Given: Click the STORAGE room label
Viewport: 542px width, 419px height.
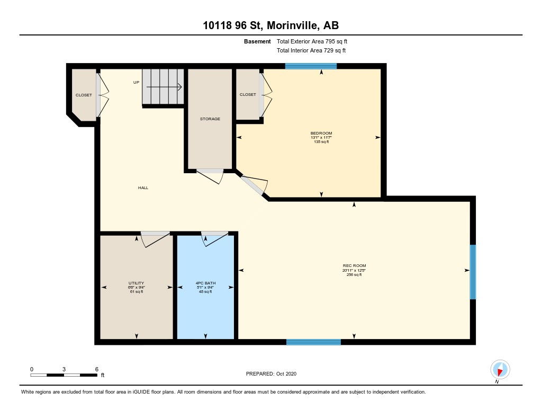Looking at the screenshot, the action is [210, 119].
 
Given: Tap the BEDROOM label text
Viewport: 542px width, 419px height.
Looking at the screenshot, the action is [321, 133].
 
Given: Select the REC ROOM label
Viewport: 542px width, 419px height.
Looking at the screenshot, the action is [354, 266].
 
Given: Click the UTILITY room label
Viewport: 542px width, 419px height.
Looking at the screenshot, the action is [136, 283].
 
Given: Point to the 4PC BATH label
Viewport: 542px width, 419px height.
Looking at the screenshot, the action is [205, 283].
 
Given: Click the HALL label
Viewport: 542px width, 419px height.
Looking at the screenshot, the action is [143, 188].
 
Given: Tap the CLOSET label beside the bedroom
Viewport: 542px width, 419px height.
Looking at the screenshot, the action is [248, 94].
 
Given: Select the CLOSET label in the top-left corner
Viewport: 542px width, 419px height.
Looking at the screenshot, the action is [84, 95].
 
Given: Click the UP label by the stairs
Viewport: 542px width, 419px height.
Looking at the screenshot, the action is [136, 82].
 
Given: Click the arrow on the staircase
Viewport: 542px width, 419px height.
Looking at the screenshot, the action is [164, 87].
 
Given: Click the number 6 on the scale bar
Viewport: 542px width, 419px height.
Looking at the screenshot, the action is [97, 369].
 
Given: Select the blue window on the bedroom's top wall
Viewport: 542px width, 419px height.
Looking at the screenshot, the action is [311, 66].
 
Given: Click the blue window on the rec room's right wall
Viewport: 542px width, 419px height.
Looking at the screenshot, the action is [473, 272].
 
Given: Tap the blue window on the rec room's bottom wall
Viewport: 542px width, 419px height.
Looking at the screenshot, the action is [313, 342].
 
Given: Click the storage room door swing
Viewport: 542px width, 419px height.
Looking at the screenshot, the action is [210, 176].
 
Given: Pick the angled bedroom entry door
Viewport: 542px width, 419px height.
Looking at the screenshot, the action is [255, 185].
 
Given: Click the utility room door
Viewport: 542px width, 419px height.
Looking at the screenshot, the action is [156, 239].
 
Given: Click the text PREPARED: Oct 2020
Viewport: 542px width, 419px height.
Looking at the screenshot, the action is [271, 373].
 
